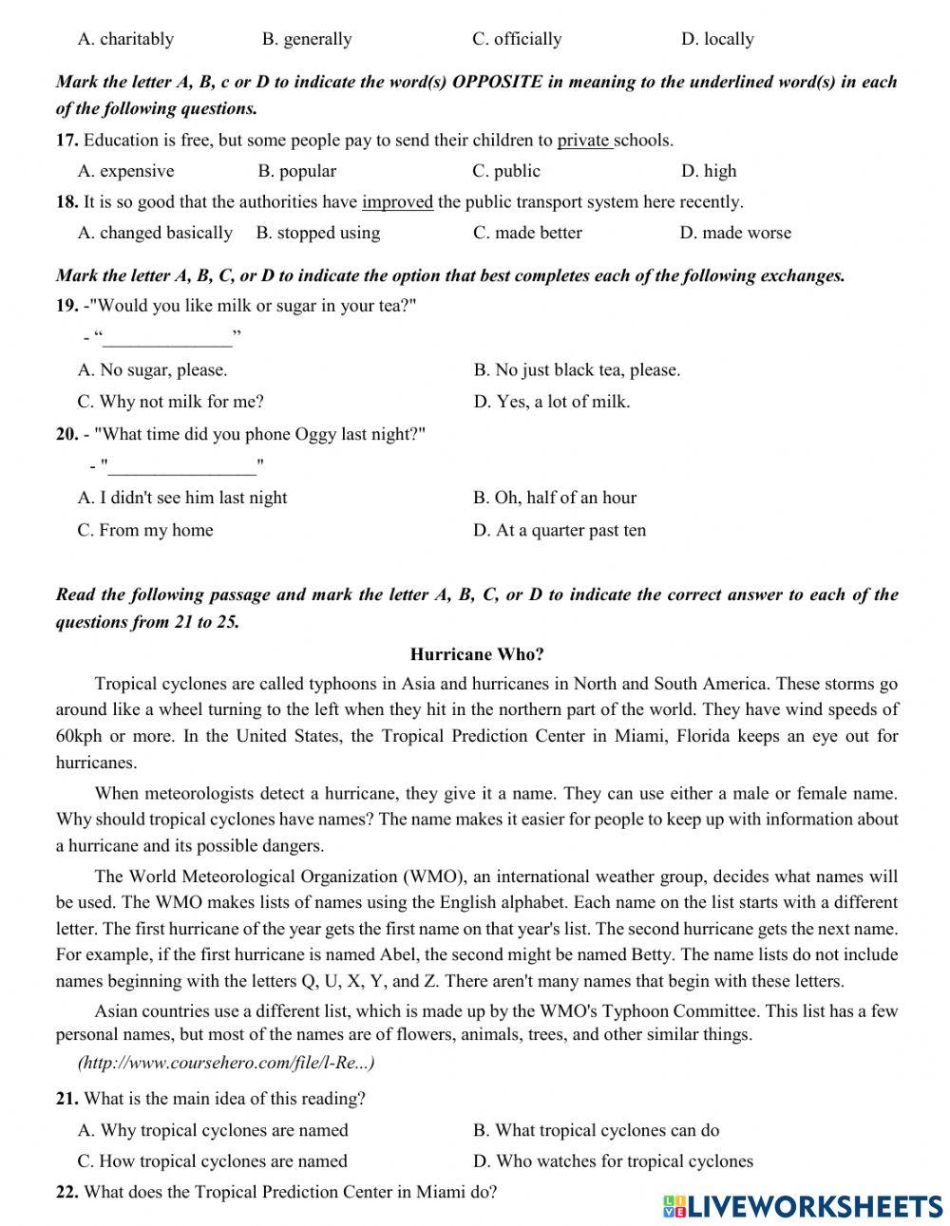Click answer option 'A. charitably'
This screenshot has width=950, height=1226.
pyautogui.click(x=125, y=39)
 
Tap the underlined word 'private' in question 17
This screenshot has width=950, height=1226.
pyautogui.click(x=583, y=141)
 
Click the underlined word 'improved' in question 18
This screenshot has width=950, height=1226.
pyautogui.click(x=397, y=201)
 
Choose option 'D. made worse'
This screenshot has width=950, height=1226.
pyautogui.click(x=734, y=233)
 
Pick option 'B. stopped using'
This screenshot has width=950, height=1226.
pyautogui.click(x=317, y=233)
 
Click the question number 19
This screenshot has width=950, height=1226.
pyautogui.click(x=66, y=306)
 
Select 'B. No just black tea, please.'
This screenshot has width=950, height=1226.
pyautogui.click(x=577, y=370)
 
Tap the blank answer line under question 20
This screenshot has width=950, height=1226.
pyautogui.click(x=182, y=466)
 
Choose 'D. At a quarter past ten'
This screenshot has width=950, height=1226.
pyautogui.click(x=560, y=530)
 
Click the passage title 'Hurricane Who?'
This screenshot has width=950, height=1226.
pyautogui.click(x=477, y=654)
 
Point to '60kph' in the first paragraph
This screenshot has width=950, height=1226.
pyautogui.click(x=79, y=736)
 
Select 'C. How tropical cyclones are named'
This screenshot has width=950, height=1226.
pyautogui.click(x=212, y=1160)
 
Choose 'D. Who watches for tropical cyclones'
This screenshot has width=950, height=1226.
pyautogui.click(x=613, y=1160)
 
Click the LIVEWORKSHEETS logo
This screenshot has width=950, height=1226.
pyautogui.click(x=802, y=1205)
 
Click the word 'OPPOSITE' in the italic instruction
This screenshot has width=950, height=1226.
pyautogui.click(x=497, y=82)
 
